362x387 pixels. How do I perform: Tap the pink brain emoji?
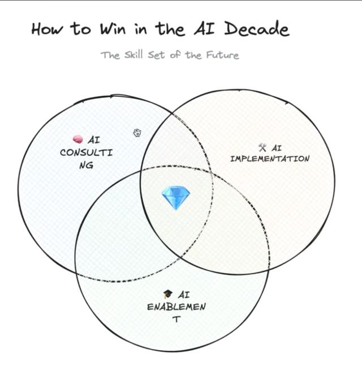[x=78, y=139]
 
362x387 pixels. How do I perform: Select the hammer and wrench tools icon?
[x=262, y=147]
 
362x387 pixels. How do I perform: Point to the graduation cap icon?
[x=167, y=295]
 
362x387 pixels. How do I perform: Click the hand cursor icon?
[x=137, y=133]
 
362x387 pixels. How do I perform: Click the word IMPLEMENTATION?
[x=270, y=159]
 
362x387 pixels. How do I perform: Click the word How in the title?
[x=46, y=29]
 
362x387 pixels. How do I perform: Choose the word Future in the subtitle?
[x=221, y=56]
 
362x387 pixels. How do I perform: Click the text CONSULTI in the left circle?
[x=86, y=152]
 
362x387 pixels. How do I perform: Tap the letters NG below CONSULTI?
[x=86, y=165]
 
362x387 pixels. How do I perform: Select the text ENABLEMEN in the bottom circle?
[x=176, y=307]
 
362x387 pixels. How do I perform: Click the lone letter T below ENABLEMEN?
[x=176, y=320]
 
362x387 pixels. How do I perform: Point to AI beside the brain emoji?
[x=94, y=139]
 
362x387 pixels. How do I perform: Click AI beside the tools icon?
[x=277, y=148]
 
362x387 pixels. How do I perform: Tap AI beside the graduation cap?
[x=183, y=295]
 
